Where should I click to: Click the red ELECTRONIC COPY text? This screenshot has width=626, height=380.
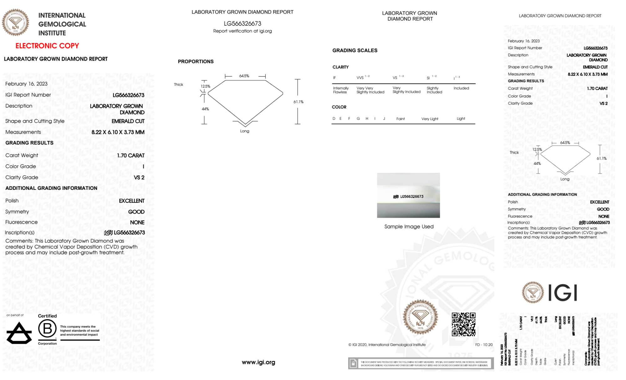[x=47, y=46]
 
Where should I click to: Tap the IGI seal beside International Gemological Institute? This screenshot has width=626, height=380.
[x=15, y=23]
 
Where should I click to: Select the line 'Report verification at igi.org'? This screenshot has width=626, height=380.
[x=242, y=31]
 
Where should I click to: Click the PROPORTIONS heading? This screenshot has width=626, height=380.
[x=196, y=61]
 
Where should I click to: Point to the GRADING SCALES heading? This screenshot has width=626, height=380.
[x=355, y=50]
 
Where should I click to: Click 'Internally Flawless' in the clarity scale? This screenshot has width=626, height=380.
[x=340, y=90]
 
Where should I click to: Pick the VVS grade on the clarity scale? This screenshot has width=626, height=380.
[x=360, y=78]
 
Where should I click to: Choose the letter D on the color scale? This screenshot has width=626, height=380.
[x=334, y=119]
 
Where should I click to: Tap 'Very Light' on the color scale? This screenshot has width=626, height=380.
[x=430, y=119]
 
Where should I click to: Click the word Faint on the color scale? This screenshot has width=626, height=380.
[x=400, y=119]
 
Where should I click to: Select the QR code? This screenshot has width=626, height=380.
[x=463, y=324]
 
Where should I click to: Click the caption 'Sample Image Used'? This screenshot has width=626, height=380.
[x=409, y=226]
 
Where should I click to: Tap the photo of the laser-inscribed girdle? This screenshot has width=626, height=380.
[x=408, y=195]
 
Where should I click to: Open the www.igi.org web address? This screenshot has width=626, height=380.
[x=258, y=362]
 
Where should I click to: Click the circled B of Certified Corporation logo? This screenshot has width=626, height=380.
[x=47, y=329]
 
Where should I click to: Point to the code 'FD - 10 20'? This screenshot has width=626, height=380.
[x=484, y=345]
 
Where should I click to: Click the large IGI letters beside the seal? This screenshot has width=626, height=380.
[x=563, y=293]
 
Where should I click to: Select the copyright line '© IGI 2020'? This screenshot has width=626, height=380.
[x=387, y=345]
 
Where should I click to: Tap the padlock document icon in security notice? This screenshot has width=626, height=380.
[x=353, y=363]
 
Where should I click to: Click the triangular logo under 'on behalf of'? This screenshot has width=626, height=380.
[x=19, y=333]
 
